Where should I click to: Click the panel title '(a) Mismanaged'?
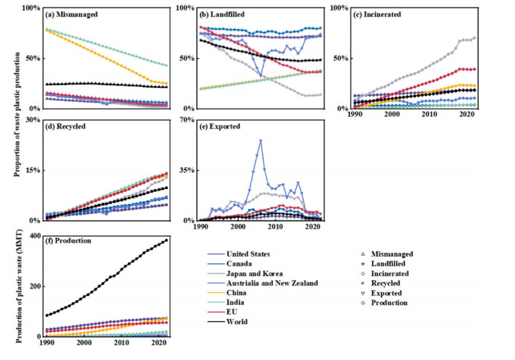click(x=72, y=14)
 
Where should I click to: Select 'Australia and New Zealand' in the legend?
click(x=273, y=283)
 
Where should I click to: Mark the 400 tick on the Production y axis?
click(x=34, y=236)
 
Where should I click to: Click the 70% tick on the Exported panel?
click(x=186, y=120)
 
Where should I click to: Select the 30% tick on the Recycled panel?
click(x=34, y=120)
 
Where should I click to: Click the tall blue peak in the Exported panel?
click(x=260, y=141)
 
